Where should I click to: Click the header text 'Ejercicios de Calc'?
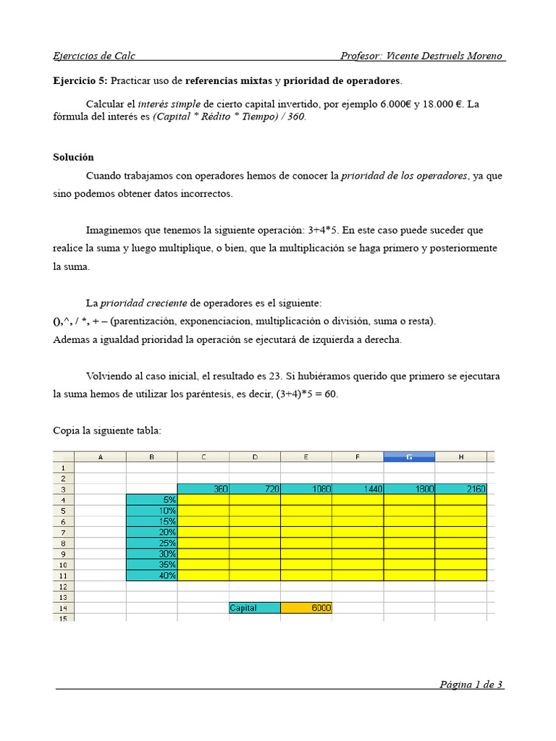tap(94, 56)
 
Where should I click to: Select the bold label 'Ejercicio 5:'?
tap(80, 80)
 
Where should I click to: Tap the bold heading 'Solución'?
tap(73, 157)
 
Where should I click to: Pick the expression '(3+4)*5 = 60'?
tap(307, 394)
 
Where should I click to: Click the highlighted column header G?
tap(409, 457)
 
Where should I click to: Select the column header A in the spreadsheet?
tap(100, 457)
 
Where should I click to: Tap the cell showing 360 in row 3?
tap(203, 489)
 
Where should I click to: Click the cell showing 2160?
tap(461, 489)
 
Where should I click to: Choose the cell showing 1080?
tap(306, 489)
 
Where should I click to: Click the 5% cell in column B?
tap(151, 499)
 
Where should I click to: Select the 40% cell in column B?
tap(151, 575)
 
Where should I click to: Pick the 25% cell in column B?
tap(151, 543)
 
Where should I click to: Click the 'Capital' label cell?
tap(254, 608)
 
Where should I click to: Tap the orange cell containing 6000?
tap(306, 608)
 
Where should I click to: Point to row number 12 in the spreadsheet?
tap(63, 586)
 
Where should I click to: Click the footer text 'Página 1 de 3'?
tap(471, 685)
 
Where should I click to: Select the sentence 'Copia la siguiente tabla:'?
tap(107, 431)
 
